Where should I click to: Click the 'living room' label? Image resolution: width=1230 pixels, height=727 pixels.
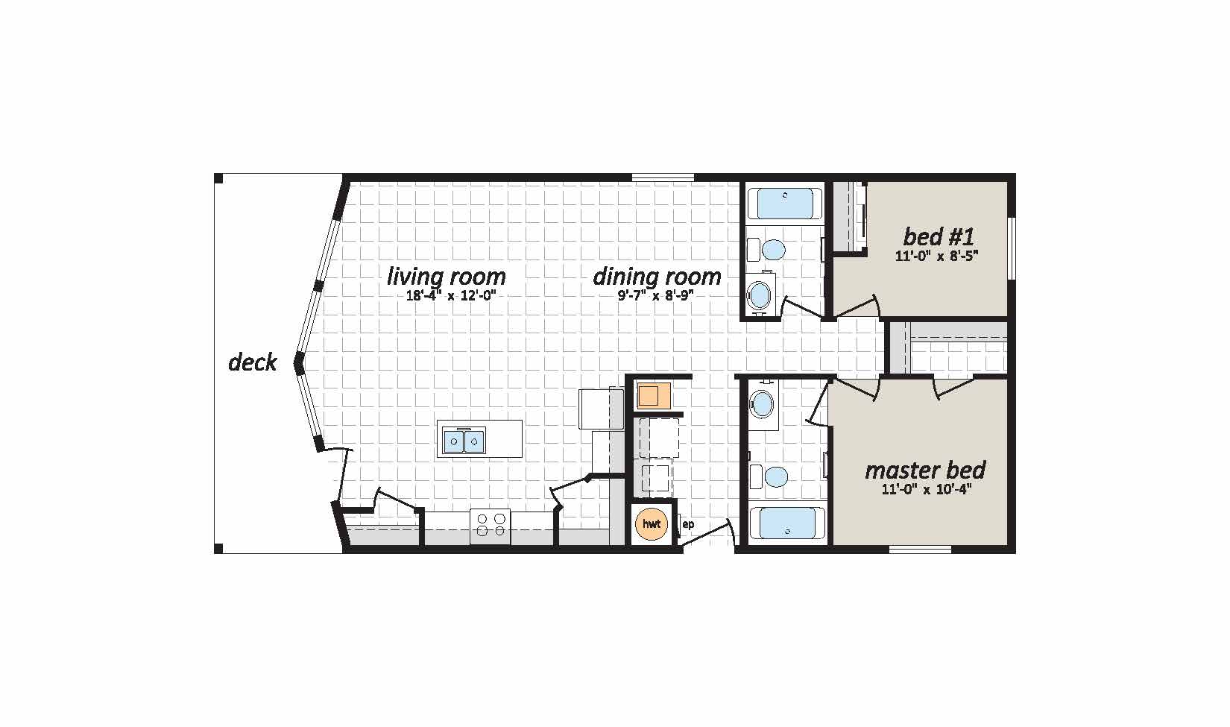[447, 277]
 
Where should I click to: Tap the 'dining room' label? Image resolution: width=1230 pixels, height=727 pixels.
[657, 277]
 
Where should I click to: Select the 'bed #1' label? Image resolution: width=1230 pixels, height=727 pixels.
[939, 237]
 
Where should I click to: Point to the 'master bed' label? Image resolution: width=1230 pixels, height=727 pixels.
[925, 470]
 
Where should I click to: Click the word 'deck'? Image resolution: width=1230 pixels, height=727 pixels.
[253, 362]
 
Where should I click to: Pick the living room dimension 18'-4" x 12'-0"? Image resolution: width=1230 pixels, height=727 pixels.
[451, 296]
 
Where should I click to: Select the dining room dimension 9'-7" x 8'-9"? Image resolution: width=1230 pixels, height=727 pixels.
[656, 296]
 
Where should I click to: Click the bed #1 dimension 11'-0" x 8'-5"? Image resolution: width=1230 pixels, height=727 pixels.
[937, 256]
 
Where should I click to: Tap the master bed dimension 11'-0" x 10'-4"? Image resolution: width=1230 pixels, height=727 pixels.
[924, 489]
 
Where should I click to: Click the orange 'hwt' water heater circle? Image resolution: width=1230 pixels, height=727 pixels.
[652, 524]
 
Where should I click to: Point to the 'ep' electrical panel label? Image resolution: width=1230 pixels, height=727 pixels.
[688, 524]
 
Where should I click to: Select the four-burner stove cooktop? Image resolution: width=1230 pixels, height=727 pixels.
[491, 526]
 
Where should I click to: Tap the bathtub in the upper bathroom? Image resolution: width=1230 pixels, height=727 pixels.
[785, 204]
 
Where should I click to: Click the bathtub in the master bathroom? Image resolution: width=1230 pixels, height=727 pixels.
[787, 523]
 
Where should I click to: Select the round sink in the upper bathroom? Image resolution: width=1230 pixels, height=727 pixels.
[760, 295]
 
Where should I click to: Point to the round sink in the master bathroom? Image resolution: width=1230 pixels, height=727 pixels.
[762, 404]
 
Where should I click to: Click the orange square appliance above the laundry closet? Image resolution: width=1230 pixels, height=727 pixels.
[653, 395]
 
